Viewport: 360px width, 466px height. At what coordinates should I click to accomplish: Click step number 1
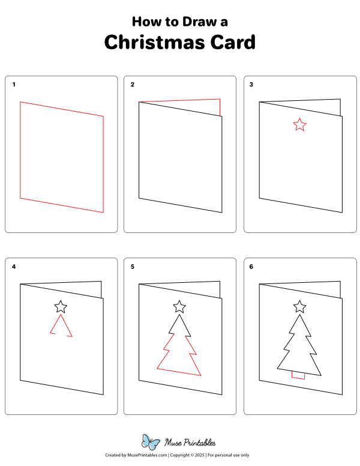pyautogui.click(x=14, y=85)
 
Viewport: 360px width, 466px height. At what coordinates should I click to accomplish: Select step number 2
pyautogui.click(x=133, y=85)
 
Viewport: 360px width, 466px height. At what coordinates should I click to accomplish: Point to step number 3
pyautogui.click(x=251, y=85)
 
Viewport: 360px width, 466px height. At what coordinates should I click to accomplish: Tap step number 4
pyautogui.click(x=14, y=267)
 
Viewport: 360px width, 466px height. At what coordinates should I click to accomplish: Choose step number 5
pyautogui.click(x=133, y=267)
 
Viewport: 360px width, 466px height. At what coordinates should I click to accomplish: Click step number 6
pyautogui.click(x=251, y=267)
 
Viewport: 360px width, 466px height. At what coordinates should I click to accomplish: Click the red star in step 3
pyautogui.click(x=299, y=125)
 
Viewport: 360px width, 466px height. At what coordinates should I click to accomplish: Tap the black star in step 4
pyautogui.click(x=61, y=307)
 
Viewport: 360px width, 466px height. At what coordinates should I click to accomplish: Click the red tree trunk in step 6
pyautogui.click(x=298, y=375)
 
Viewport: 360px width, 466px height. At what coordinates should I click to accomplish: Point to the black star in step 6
pyautogui.click(x=299, y=307)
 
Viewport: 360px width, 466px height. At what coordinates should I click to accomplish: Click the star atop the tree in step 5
pyautogui.click(x=179, y=307)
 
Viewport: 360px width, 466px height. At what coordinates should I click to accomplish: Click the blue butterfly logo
pyautogui.click(x=151, y=441)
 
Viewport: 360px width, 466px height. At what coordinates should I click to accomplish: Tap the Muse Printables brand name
pyautogui.click(x=190, y=443)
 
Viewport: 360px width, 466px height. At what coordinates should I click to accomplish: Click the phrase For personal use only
pyautogui.click(x=229, y=456)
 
